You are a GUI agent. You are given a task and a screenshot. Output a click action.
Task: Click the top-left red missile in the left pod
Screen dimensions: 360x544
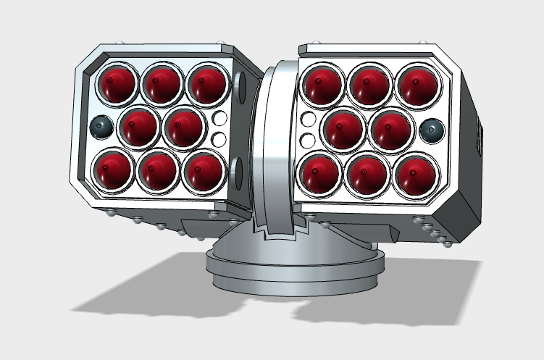[116, 83]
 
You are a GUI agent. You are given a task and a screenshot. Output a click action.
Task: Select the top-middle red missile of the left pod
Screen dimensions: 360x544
[162, 83]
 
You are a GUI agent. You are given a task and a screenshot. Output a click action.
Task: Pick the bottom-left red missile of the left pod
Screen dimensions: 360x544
[114, 170]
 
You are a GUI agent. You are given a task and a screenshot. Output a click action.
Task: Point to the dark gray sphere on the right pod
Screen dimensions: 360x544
[432, 130]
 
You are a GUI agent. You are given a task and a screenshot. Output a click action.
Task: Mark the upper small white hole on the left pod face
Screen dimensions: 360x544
[219, 118]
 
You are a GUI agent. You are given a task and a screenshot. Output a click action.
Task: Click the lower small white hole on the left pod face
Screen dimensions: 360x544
[219, 138]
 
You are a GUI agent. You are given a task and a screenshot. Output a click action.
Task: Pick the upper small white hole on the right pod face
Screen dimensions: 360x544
[308, 120]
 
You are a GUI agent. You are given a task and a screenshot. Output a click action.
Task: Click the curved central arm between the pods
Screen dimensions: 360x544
[275, 145]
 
